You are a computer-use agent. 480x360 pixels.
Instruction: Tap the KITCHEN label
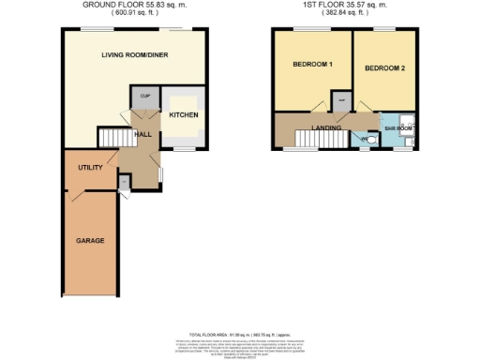(181, 115)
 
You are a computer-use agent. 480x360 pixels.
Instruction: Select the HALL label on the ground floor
(143, 135)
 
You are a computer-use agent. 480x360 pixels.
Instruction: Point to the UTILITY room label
(90, 167)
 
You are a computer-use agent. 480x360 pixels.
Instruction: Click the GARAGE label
(90, 241)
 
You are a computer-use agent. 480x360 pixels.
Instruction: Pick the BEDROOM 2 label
(382, 68)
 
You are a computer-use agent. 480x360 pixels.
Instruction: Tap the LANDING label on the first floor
(326, 127)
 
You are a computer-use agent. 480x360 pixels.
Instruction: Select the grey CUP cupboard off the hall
(145, 97)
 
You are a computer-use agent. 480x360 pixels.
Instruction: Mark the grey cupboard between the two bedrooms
(341, 100)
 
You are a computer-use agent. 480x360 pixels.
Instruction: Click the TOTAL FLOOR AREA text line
(240, 335)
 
